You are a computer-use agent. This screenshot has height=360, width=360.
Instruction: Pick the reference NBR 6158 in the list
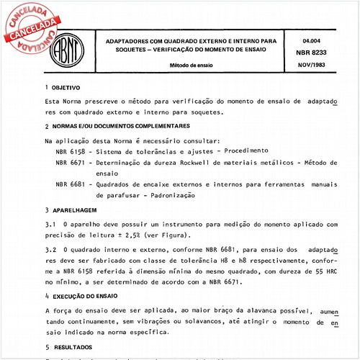tap(70, 150)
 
